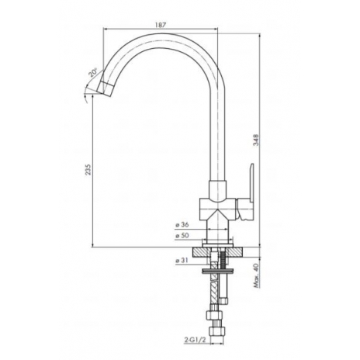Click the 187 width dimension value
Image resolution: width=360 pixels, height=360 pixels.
[161, 25]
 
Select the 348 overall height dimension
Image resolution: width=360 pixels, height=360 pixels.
[256, 140]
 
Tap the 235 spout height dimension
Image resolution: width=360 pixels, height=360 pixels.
[88, 170]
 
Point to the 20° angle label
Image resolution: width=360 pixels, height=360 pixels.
[92, 72]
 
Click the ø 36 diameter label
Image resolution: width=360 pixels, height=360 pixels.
[182, 225]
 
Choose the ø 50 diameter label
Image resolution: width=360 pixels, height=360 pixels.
[182, 235]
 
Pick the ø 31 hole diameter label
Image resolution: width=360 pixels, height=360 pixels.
[182, 261]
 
